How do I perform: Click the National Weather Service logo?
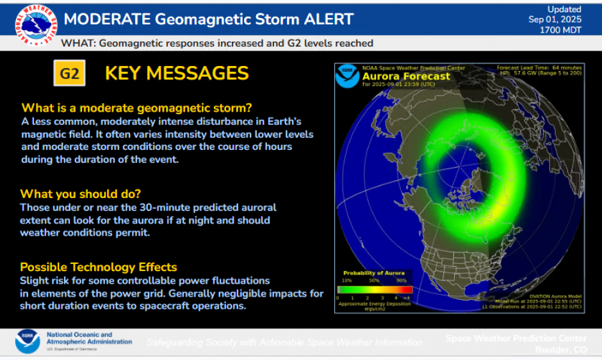35,25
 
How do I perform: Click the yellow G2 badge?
69,74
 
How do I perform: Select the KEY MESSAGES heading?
177,74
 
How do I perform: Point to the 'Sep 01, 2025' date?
555,20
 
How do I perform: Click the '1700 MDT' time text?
560,30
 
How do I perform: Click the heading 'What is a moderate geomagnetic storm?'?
137,108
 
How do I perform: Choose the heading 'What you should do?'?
80,193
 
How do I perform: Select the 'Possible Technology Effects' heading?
99,267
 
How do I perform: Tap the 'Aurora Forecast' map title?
406,76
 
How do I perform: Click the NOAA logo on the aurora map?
348,76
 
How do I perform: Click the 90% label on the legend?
401,281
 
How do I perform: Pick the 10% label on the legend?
346,281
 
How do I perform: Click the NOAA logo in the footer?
28,341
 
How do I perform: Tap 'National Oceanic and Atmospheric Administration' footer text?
88,338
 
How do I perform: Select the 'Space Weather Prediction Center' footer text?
516,338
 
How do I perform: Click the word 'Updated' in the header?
564,10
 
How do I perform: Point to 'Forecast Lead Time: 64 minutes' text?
539,67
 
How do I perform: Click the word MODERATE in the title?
109,19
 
